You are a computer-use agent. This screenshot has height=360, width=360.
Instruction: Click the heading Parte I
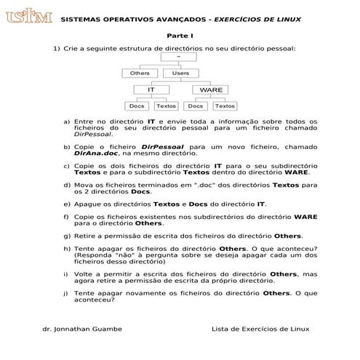pos(180,35)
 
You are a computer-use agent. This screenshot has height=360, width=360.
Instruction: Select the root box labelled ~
pos(180,56)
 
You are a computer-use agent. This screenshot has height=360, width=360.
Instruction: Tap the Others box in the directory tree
pos(140,73)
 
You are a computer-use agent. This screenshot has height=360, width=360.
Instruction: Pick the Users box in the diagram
pos(180,73)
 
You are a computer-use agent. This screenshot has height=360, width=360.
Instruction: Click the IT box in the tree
pos(151,89)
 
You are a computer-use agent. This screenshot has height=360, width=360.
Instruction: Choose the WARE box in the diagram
pos(210,89)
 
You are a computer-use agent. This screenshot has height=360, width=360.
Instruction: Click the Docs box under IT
pos(136,106)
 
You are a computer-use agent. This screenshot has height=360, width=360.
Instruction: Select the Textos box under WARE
pos(224,106)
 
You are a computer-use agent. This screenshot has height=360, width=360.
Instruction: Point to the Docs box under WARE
pos(196,106)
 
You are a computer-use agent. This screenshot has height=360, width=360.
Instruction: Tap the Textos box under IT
pos(166,106)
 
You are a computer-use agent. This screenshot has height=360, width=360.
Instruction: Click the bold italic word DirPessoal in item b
pos(162,147)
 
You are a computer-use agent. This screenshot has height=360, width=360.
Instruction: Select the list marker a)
pos(67,121)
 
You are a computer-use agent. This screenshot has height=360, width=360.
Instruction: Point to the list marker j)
pos(67,292)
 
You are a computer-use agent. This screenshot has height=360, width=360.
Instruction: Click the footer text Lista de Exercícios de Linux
pos(260,329)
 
